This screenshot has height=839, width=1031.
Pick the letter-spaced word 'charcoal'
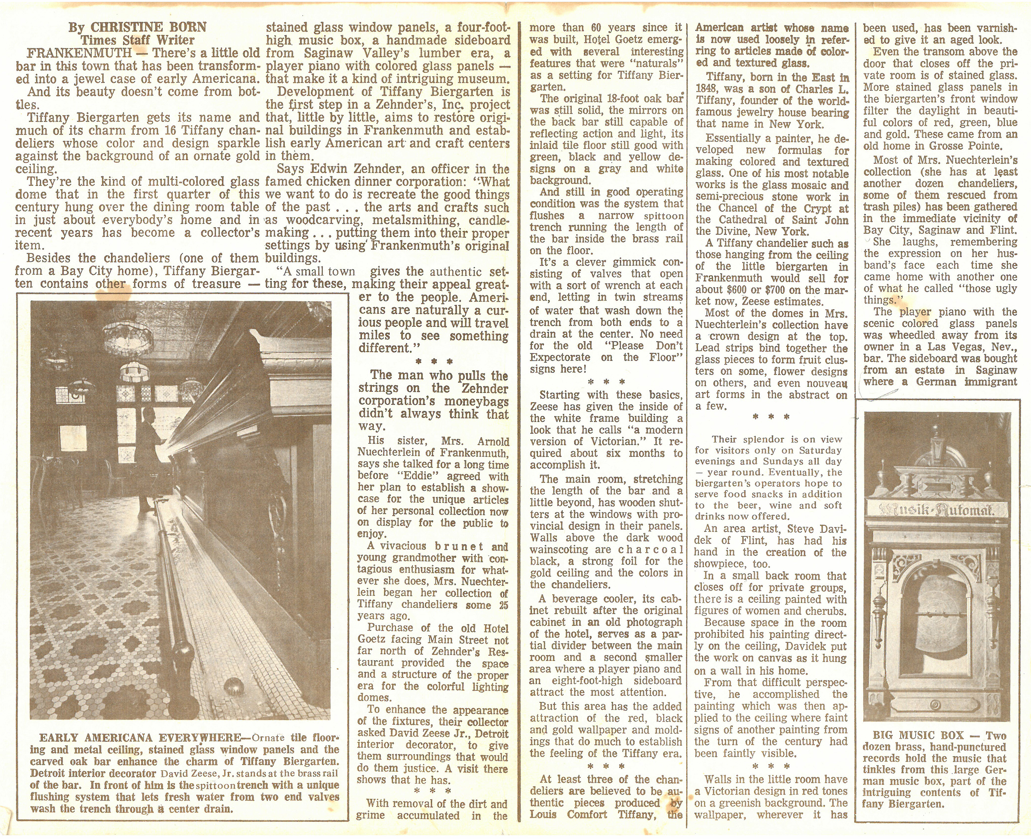click(x=652, y=549)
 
